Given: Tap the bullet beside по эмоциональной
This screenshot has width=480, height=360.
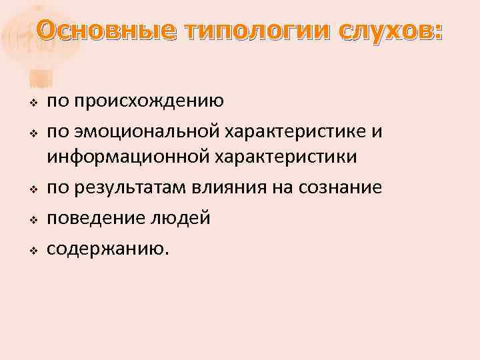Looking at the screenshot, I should click(x=31, y=133).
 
